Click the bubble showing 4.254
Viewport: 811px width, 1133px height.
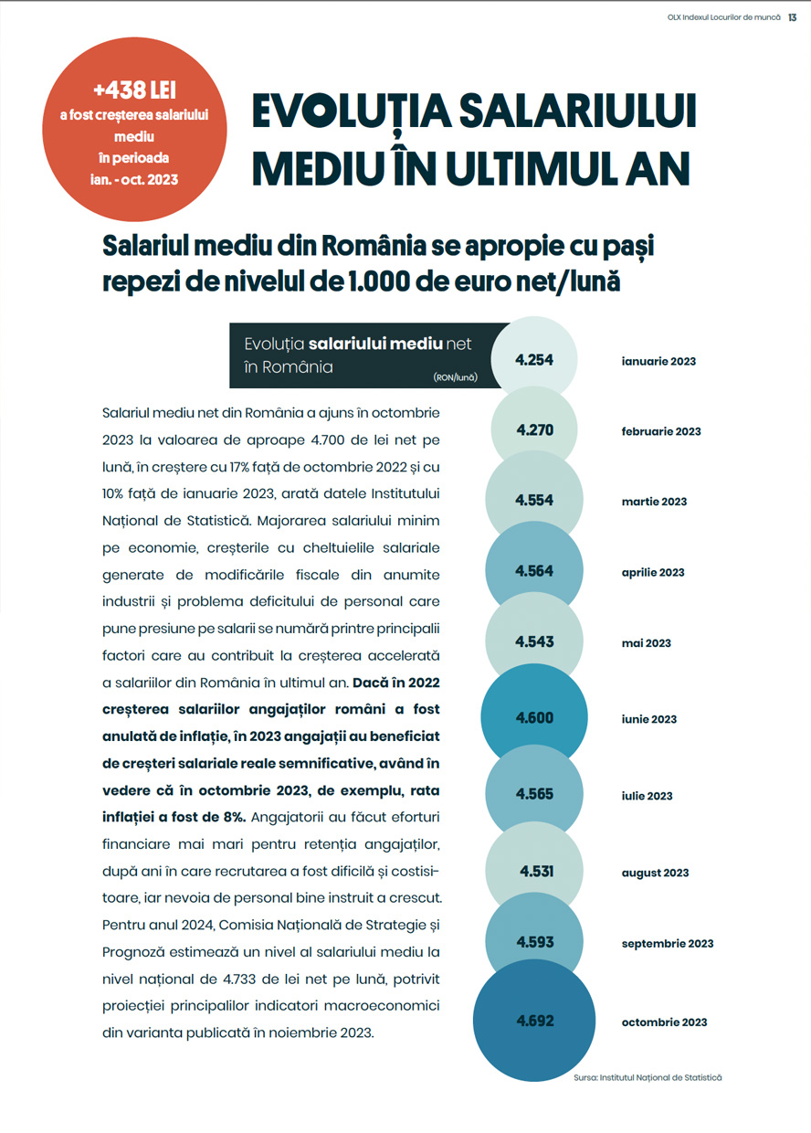pos(534,360)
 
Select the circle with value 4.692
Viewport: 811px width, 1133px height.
pos(535,1021)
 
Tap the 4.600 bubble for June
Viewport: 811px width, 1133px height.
pos(534,718)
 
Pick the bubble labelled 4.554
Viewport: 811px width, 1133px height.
pos(534,501)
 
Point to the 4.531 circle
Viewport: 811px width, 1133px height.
pos(536,872)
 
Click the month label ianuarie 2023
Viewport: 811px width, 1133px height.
pos(658,361)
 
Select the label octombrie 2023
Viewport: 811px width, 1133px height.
pos(664,1022)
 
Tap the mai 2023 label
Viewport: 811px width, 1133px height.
pos(646,643)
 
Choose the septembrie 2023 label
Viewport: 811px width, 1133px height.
pos(668,943)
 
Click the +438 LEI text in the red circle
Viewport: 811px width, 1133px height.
pos(134,90)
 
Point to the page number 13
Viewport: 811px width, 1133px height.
pos(793,15)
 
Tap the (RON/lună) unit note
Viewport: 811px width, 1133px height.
pos(456,376)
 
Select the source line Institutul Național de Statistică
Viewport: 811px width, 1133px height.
pos(648,1078)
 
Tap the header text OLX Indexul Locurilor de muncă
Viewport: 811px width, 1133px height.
pos(724,15)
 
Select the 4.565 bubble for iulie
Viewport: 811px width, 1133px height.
pos(534,794)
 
